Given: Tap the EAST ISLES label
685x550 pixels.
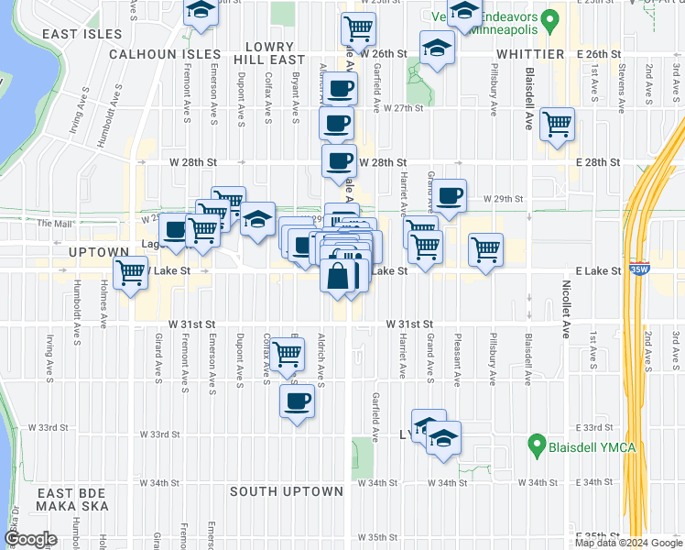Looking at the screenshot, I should [82, 34].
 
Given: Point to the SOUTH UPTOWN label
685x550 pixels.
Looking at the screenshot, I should [286, 491].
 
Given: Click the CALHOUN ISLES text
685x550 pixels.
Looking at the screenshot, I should [165, 54].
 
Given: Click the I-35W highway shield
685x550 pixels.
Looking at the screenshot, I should [638, 270].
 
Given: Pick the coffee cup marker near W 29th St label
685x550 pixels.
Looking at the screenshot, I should [450, 195].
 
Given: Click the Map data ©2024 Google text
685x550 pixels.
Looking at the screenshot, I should [628, 543].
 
